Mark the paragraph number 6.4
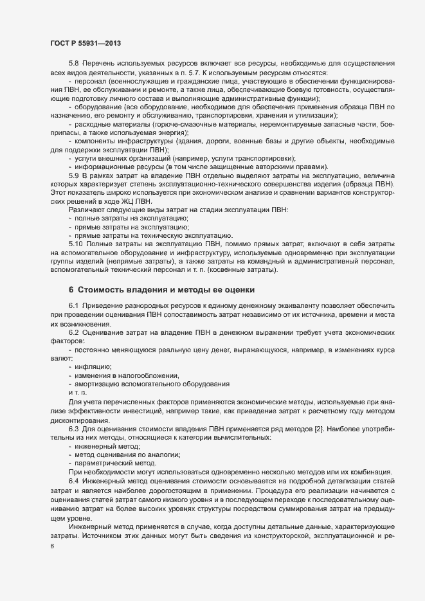tap(73, 473)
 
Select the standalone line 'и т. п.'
tap(77, 393)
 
